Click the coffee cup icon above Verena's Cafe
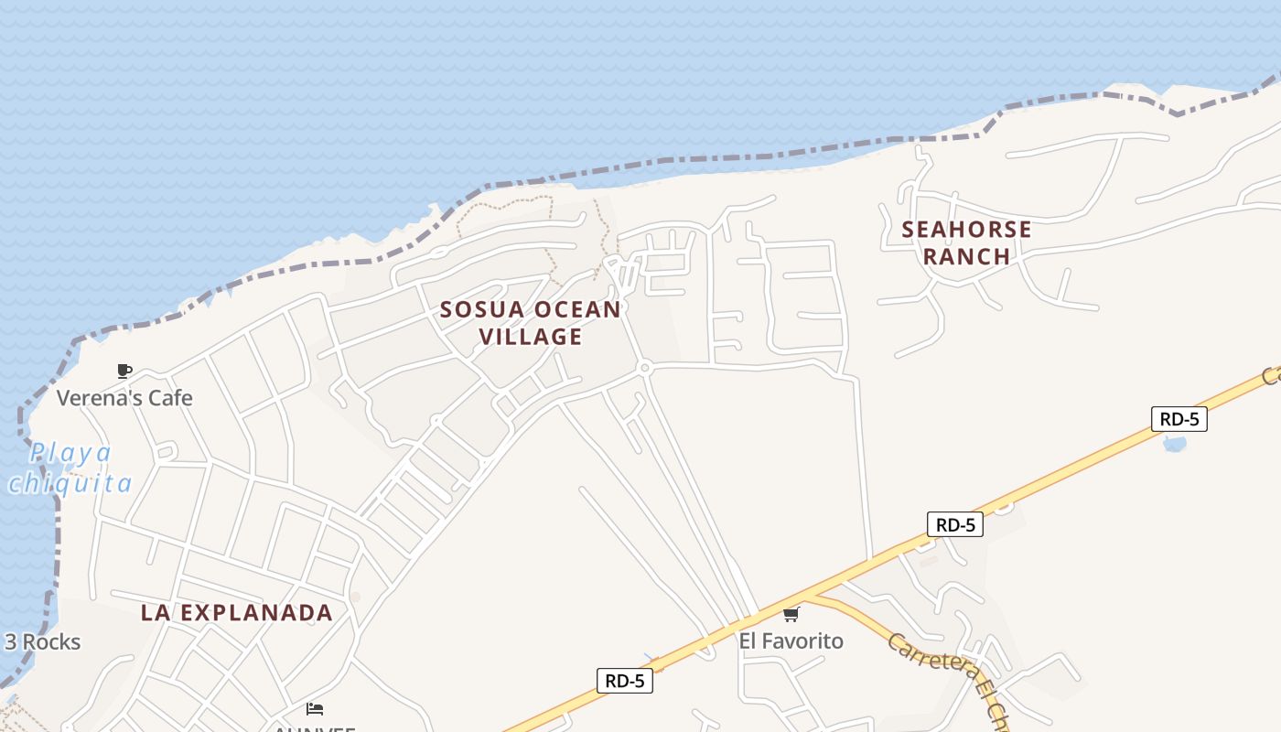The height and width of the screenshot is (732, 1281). [124, 371]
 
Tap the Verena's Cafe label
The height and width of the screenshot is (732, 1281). [124, 398]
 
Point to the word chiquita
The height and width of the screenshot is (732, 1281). [70, 482]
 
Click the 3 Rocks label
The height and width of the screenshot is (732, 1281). [42, 642]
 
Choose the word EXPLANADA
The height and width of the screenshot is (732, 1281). [261, 613]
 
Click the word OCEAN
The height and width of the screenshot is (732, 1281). [577, 309]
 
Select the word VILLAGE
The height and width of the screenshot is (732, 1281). [531, 337]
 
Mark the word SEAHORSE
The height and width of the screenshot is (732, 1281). [966, 229]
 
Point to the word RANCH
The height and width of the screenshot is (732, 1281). [966, 256]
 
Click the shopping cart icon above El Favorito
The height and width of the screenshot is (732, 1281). [791, 614]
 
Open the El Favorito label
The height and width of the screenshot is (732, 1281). [791, 641]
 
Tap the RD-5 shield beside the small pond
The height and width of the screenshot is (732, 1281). [1179, 419]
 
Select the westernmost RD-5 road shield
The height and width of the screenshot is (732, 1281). [625, 681]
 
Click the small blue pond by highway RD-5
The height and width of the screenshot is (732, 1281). [1174, 445]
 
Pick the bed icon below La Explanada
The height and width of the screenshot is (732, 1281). [315, 709]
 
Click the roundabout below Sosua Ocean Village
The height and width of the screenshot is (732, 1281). [644, 368]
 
